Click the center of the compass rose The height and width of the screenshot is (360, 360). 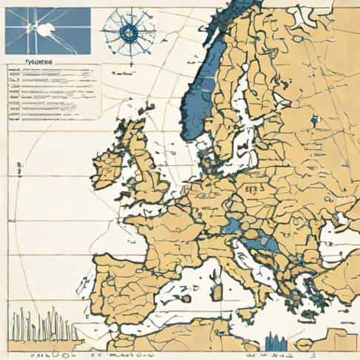click(129, 30)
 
